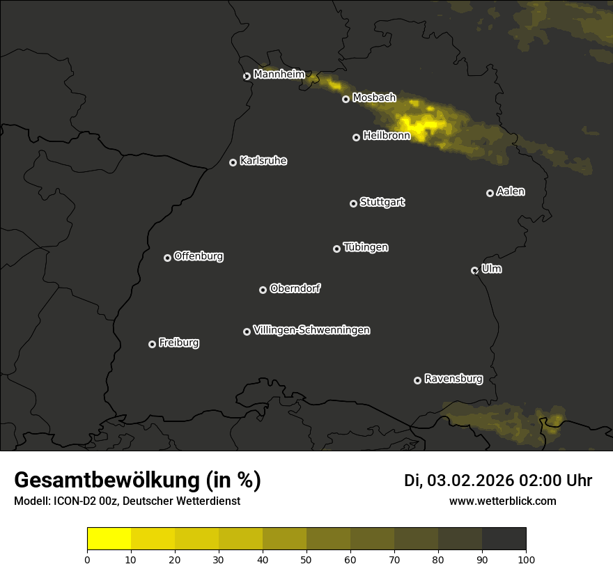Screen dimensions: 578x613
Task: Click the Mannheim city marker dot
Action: point(247,77)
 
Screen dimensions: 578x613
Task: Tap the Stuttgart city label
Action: point(382,203)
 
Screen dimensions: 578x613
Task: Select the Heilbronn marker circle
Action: point(356,138)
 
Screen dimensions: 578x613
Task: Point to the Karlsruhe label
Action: point(263,161)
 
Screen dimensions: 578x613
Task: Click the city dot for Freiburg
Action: point(152,344)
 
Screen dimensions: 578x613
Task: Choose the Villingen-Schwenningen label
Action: point(311,330)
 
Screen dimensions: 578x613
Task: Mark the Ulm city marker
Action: point(474,271)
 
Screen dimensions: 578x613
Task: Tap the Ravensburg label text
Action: point(453,380)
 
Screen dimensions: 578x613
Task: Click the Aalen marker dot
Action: point(490,194)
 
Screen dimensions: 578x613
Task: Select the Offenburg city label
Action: point(199,256)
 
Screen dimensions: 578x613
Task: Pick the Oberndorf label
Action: point(295,289)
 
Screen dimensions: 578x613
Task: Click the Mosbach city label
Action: point(374,98)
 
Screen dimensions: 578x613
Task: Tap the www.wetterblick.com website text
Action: point(502,501)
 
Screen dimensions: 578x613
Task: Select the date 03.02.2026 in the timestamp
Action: point(470,481)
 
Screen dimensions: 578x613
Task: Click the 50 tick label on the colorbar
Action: point(306,559)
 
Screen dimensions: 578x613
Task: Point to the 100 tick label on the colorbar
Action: point(526,559)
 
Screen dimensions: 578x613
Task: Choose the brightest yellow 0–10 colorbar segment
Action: point(109,539)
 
